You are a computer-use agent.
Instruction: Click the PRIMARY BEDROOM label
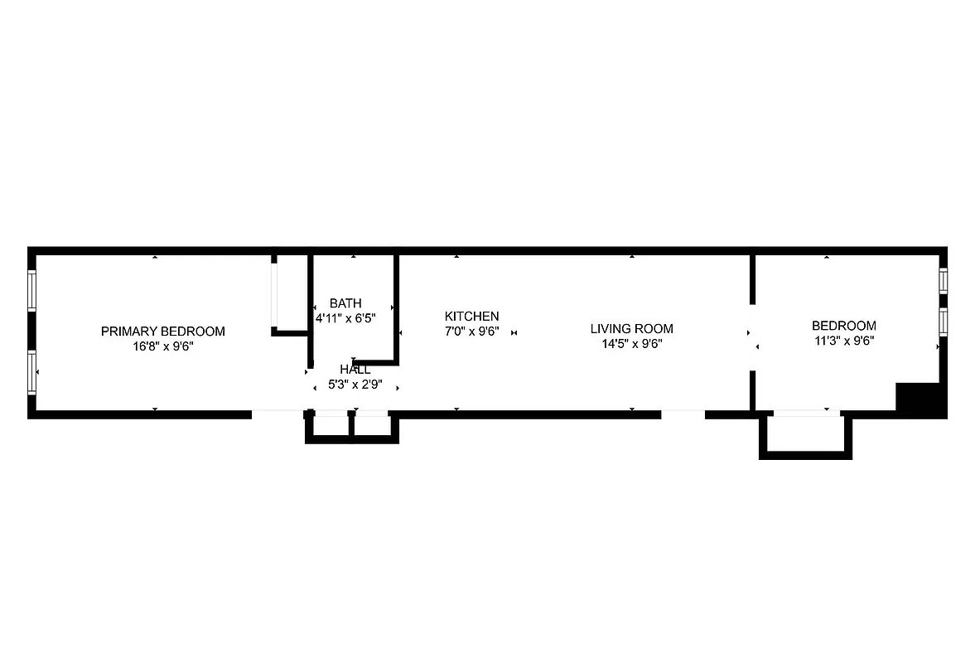[162, 331]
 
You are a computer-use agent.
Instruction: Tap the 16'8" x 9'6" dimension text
[162, 347]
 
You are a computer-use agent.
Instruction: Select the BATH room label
[345, 303]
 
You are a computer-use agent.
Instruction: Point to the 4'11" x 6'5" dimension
[345, 318]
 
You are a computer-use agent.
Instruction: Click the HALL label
[355, 370]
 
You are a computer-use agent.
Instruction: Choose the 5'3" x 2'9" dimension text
[355, 385]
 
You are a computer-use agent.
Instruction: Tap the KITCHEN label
[471, 317]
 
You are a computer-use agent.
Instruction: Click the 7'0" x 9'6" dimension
[471, 331]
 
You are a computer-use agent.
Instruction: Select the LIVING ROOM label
[631, 329]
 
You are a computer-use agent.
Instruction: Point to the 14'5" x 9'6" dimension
[631, 344]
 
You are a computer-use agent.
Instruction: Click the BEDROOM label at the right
[843, 326]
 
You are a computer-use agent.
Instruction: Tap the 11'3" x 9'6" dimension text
[843, 341]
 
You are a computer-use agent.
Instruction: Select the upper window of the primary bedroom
[32, 291]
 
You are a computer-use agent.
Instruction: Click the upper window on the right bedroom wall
[943, 280]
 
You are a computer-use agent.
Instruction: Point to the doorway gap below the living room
[683, 413]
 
